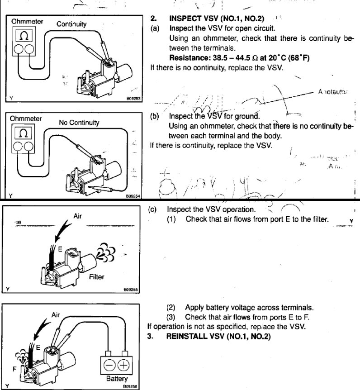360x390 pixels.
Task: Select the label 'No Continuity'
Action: (x=79, y=122)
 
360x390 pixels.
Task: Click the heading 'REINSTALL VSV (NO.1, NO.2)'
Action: (x=218, y=336)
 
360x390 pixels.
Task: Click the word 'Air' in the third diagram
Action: (x=77, y=216)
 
